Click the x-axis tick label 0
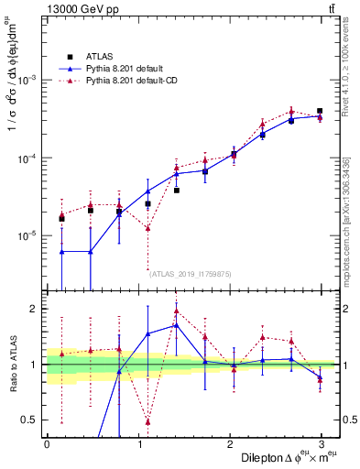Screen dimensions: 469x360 pos(47,444)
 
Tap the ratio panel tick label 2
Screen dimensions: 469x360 pos(34,309)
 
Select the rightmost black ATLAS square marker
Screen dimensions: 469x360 pos(320,111)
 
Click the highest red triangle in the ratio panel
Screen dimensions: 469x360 pos(176,311)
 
